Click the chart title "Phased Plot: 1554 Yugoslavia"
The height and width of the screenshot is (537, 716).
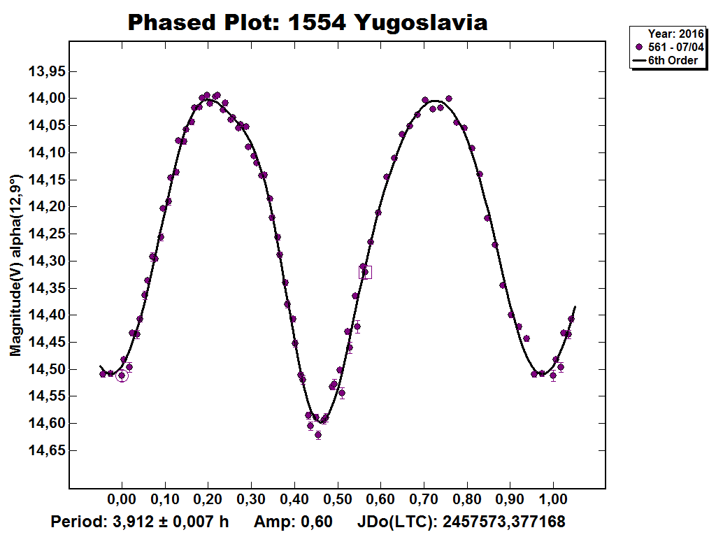click(x=308, y=22)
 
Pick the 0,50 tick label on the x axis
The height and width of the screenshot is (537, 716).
click(x=338, y=501)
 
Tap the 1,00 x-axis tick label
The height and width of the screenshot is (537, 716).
click(x=553, y=501)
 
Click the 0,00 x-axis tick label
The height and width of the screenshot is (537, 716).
click(x=122, y=501)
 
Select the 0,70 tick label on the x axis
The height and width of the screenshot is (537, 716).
click(x=424, y=501)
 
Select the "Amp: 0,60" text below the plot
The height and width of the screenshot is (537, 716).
click(x=292, y=522)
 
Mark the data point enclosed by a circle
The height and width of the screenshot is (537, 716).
click(x=122, y=375)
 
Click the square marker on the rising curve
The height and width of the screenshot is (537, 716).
click(x=365, y=272)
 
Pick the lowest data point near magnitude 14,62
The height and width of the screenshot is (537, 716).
click(x=318, y=435)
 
